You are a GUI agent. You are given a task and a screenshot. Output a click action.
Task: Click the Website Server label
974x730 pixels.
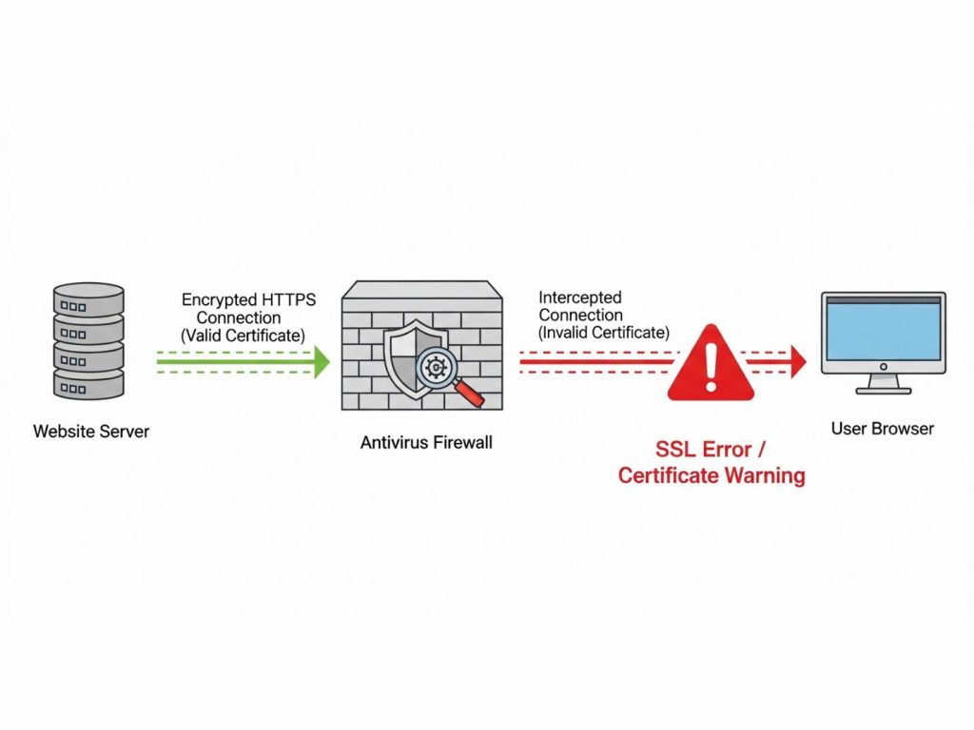(91, 432)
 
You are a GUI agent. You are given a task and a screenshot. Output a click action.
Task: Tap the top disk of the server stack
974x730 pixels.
(88, 299)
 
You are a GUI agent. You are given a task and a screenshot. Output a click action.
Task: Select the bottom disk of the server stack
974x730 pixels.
(88, 384)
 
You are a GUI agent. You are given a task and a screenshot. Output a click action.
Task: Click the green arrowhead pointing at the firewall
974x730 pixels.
(321, 362)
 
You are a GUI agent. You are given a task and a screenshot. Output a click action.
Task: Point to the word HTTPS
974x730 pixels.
(289, 299)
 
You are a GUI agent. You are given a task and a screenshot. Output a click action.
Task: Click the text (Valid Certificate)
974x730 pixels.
(243, 336)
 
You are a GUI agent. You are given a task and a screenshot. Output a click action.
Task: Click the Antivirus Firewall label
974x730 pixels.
(426, 443)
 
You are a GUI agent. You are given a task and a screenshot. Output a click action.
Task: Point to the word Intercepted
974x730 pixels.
(580, 298)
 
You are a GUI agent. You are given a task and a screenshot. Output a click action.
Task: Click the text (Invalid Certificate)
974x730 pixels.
(604, 333)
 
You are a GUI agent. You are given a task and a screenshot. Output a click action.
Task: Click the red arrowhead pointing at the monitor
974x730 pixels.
(798, 361)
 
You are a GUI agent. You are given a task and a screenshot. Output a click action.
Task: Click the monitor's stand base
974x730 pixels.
(884, 391)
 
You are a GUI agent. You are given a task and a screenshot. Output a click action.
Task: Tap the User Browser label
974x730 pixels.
(883, 429)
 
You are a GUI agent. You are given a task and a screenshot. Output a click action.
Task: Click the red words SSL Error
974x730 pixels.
(704, 449)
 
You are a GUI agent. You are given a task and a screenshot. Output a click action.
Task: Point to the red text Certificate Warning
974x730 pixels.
(711, 475)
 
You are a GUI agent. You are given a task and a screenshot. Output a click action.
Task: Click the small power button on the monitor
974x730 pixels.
(884, 367)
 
